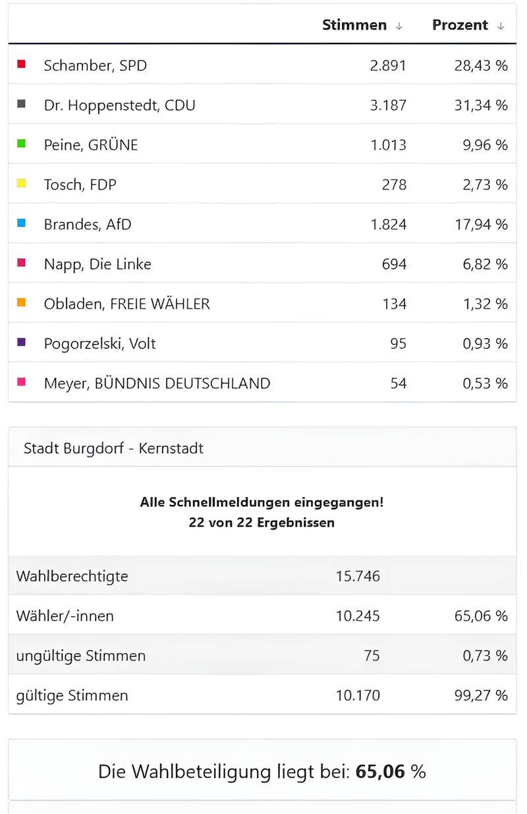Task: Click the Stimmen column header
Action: [x=354, y=25]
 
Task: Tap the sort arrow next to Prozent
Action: [x=501, y=26]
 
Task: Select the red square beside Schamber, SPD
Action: [x=21, y=64]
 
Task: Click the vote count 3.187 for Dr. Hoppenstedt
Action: [x=389, y=105]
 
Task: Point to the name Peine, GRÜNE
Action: [x=91, y=145]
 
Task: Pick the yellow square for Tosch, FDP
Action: [x=21, y=183]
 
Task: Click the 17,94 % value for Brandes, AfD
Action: [x=481, y=224]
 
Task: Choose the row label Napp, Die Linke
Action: [x=97, y=264]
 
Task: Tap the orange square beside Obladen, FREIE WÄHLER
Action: [x=21, y=303]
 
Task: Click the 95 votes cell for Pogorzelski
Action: [x=398, y=343]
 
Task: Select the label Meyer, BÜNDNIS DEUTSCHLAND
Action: [x=157, y=383]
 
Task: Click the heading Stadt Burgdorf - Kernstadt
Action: [x=113, y=448]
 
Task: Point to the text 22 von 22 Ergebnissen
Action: [x=262, y=523]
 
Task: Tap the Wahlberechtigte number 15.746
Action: [x=358, y=576]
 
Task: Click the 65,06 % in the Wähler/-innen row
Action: [x=481, y=616]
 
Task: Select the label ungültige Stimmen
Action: [x=81, y=656]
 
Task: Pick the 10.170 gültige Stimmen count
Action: [x=358, y=695]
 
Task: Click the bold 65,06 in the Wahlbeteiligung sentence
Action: [x=380, y=772]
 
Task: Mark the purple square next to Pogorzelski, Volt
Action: [x=21, y=342]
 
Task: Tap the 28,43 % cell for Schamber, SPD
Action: [x=481, y=65]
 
